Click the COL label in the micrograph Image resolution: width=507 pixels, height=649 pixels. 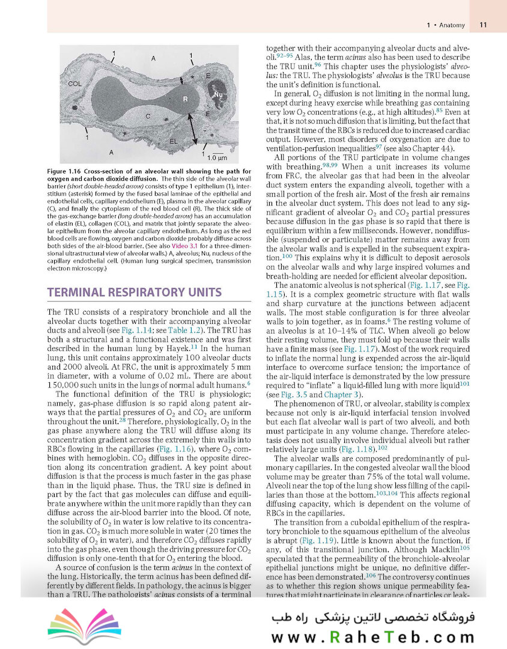pos(75,84)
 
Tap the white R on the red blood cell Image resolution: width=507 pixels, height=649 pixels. pos(185,98)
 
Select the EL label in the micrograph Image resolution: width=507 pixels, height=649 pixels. pos(173,141)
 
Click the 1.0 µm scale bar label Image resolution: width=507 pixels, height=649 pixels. pos(216,158)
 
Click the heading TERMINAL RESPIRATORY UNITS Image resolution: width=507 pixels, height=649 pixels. pos(135,292)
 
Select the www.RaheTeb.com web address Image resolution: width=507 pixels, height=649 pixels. pos(368,636)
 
